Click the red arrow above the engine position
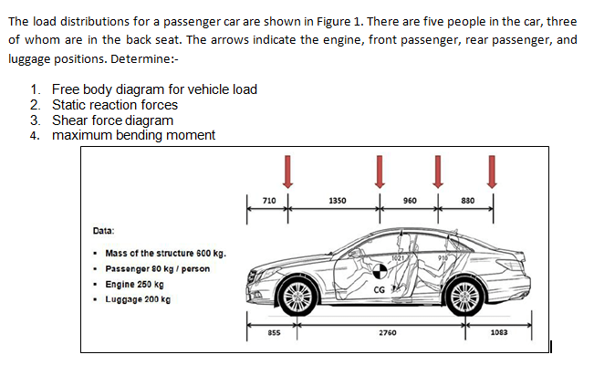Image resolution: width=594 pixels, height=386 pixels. [x=288, y=172]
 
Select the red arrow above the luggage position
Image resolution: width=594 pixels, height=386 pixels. [x=492, y=172]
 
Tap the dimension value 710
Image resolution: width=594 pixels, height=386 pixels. [x=269, y=201]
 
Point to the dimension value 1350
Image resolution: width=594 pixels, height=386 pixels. [x=338, y=201]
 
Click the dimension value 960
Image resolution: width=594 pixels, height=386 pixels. [x=410, y=201]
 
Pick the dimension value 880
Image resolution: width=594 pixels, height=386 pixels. [x=468, y=201]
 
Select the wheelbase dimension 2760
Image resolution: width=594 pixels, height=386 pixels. [x=388, y=332]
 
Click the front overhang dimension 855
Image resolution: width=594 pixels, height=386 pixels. [x=274, y=332]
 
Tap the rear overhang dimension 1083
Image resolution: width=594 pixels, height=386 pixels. [x=499, y=332]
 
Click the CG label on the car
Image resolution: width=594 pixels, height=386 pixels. [x=379, y=290]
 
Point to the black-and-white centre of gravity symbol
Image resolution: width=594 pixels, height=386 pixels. [x=380, y=271]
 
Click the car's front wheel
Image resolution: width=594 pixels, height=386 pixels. [x=298, y=297]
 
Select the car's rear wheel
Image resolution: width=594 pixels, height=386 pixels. [x=465, y=297]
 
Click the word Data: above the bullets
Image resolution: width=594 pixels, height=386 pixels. [x=103, y=231]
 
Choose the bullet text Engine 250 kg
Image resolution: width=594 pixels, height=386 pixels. [x=134, y=284]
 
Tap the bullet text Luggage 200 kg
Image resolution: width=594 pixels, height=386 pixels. [x=138, y=299]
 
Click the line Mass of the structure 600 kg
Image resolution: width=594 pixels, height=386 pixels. [x=165, y=253]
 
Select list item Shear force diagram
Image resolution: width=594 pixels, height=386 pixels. [x=112, y=120]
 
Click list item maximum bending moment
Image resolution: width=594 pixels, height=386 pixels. [x=133, y=135]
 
